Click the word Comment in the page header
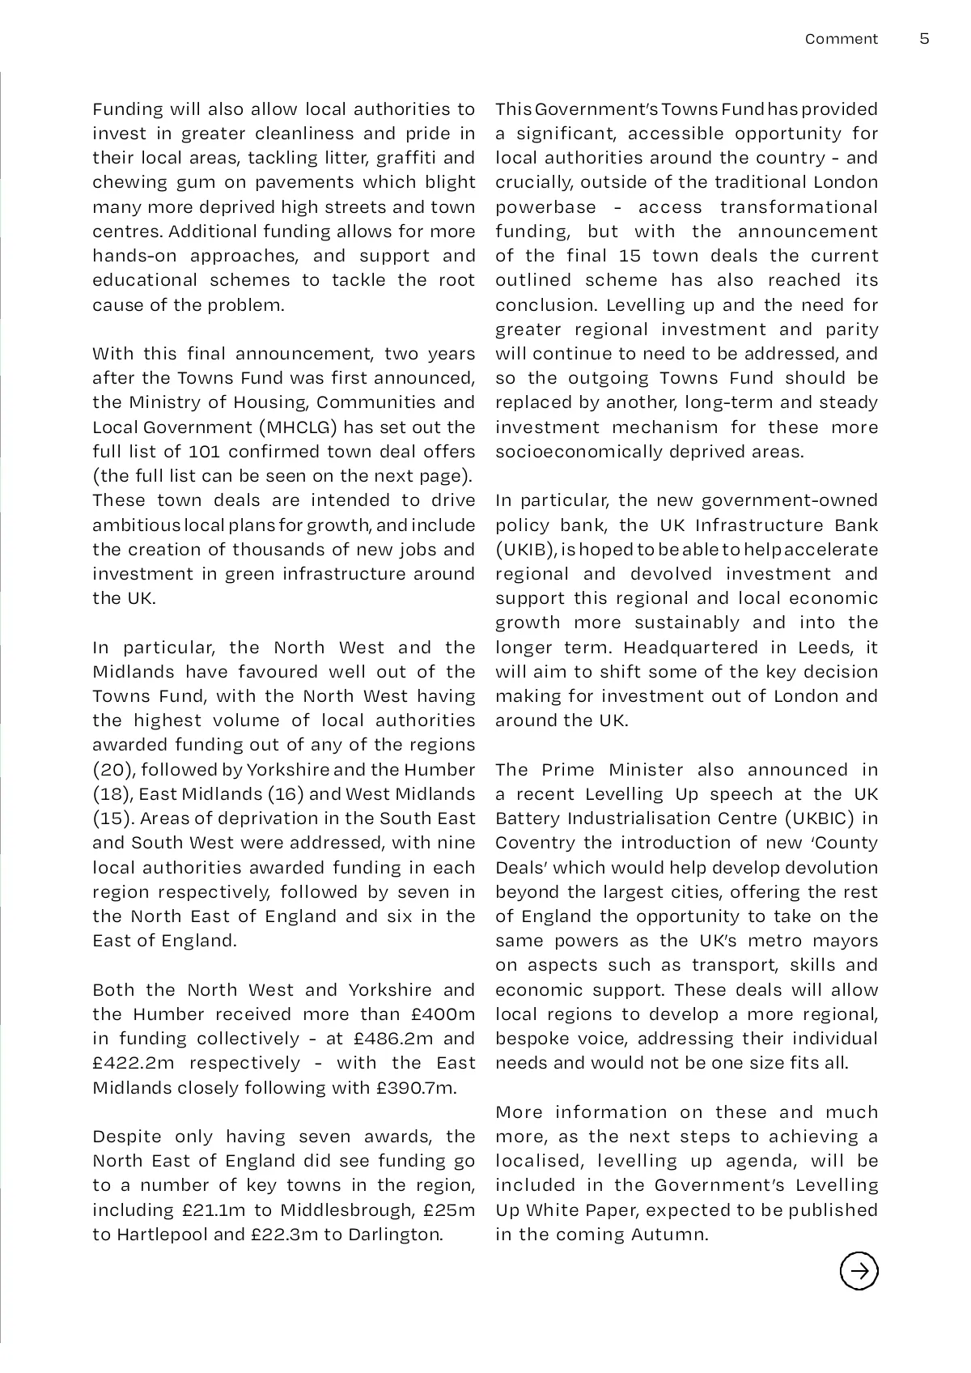click(x=841, y=39)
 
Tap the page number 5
click(x=925, y=39)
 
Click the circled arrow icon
click(x=859, y=1270)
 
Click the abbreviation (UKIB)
click(x=525, y=550)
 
